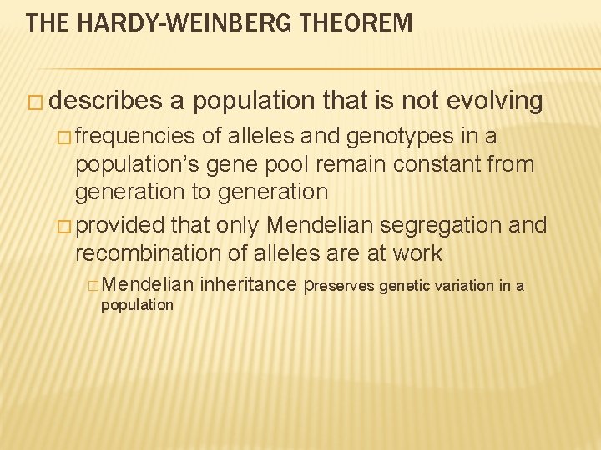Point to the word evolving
pyautogui.click(x=495, y=101)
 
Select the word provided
pyautogui.click(x=124, y=225)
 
